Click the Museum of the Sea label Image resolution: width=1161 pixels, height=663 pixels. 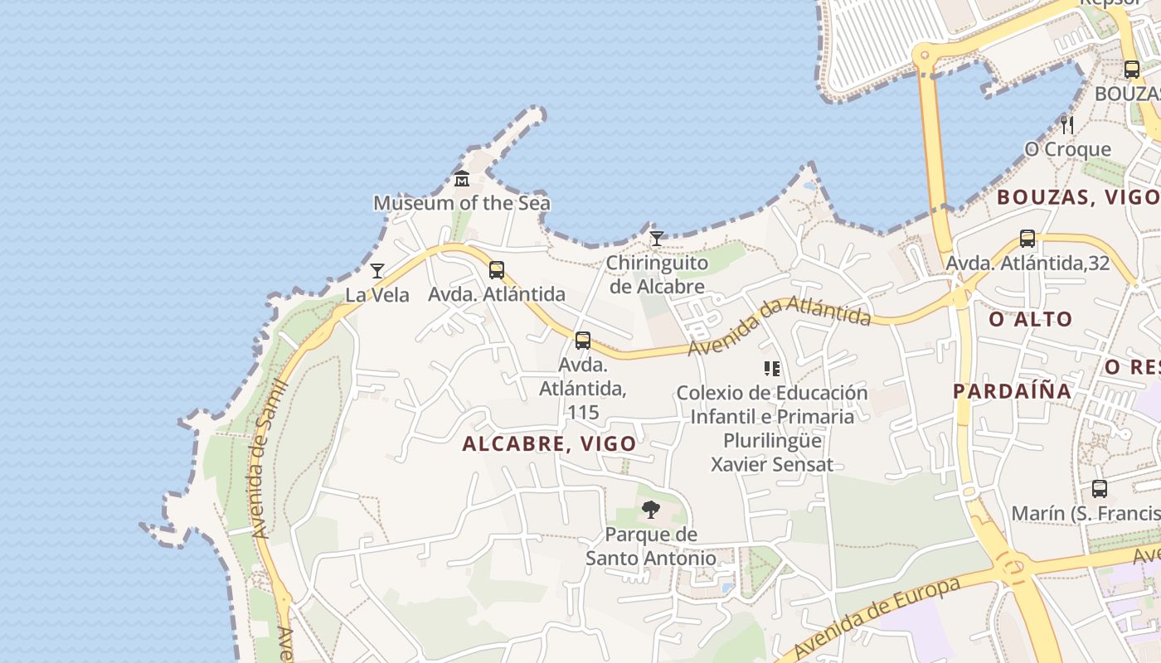pyautogui.click(x=461, y=203)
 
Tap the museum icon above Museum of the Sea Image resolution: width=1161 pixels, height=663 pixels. pyautogui.click(x=462, y=178)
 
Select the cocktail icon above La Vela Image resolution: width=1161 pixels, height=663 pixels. pyautogui.click(x=377, y=270)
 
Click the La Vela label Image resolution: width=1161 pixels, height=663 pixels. pyautogui.click(x=377, y=295)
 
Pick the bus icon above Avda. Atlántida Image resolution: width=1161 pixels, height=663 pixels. pyautogui.click(x=497, y=269)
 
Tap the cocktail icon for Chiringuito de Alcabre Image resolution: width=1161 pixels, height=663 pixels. pyautogui.click(x=656, y=239)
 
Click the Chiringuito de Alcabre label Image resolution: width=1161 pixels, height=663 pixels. pyautogui.click(x=656, y=275)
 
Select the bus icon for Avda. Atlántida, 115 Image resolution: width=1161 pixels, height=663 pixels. pyautogui.click(x=583, y=340)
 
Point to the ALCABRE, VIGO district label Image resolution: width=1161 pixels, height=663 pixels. pyautogui.click(x=549, y=444)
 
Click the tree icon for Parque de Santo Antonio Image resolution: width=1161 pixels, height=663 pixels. pyautogui.click(x=651, y=509)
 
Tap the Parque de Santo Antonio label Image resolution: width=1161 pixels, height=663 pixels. pyautogui.click(x=651, y=546)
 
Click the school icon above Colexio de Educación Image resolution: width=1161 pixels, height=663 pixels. pyautogui.click(x=772, y=368)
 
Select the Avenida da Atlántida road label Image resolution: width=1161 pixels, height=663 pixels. pyautogui.click(x=779, y=327)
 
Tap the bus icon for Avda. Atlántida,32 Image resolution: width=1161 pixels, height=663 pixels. pyautogui.click(x=1027, y=239)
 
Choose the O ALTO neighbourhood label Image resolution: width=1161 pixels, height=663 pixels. pyautogui.click(x=1031, y=319)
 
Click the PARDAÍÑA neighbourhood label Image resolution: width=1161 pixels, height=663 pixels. pyautogui.click(x=1012, y=391)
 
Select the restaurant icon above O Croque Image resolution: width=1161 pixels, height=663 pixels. pyautogui.click(x=1067, y=125)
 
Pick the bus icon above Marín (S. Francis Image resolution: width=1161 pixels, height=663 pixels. pyautogui.click(x=1100, y=489)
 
